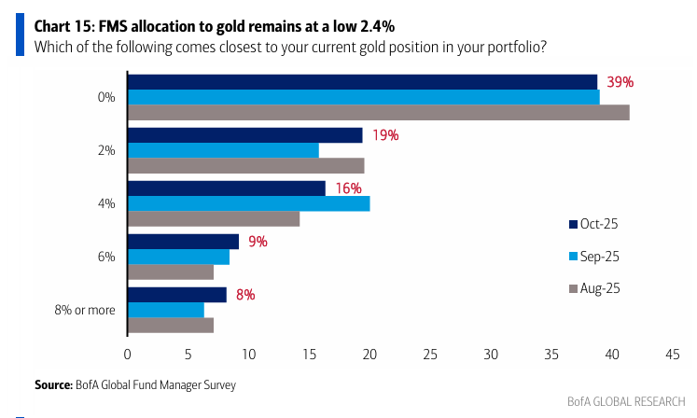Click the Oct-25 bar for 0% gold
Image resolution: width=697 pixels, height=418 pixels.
[x=363, y=82]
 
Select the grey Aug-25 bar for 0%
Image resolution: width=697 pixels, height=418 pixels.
[x=379, y=113]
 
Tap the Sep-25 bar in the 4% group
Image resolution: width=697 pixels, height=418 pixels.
[x=249, y=203]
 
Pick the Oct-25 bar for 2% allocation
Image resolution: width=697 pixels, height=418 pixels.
[x=245, y=135]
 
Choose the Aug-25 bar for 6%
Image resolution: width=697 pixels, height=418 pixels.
[x=171, y=272]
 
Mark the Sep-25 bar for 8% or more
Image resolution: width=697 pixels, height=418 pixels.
[x=166, y=310]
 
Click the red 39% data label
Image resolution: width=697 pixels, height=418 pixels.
[x=620, y=82]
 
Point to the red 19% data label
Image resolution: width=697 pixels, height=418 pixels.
[x=385, y=135]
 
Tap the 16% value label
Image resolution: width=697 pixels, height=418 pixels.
[x=349, y=188]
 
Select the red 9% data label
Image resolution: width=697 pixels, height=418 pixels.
[x=258, y=242]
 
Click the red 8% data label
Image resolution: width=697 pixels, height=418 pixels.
[x=245, y=295]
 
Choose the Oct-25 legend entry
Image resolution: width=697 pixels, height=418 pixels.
[x=593, y=224]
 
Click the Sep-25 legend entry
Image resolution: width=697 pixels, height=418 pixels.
[x=593, y=257]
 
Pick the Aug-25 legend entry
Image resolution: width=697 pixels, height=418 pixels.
[x=594, y=288]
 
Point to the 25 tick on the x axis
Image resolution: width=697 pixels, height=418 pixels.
[x=430, y=355]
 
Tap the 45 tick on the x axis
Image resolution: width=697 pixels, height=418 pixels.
[x=673, y=355]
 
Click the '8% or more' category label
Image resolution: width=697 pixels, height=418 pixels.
[x=85, y=310]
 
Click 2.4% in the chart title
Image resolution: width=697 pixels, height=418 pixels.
[x=377, y=27]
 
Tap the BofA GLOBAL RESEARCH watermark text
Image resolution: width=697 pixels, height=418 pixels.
[x=626, y=401]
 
